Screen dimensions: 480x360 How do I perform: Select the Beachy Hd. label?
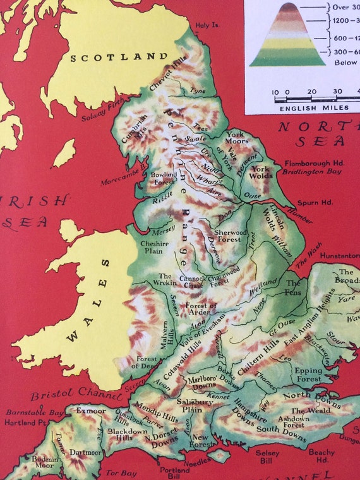322,455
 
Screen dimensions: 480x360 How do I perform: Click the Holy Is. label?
209,25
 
